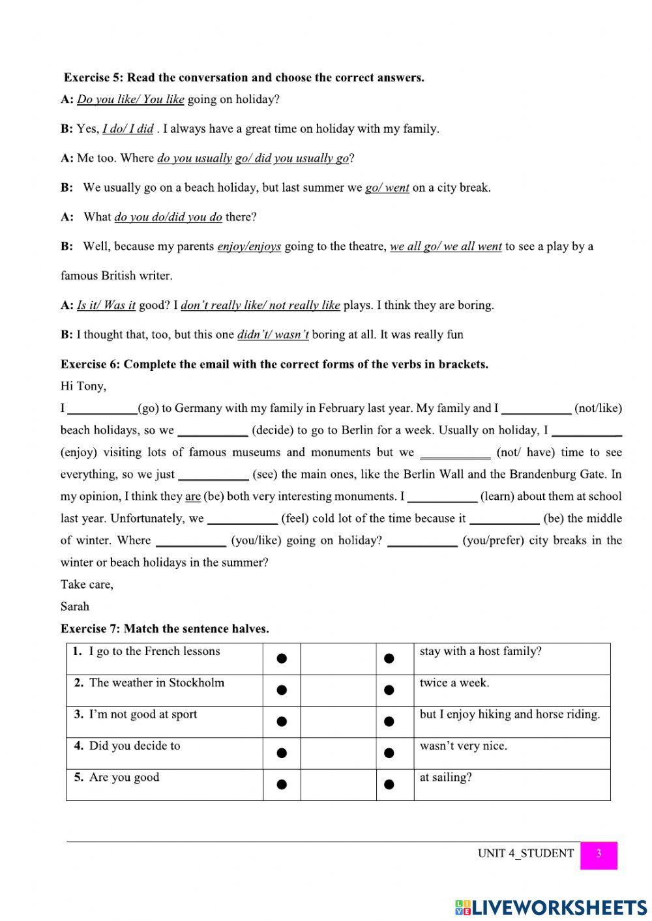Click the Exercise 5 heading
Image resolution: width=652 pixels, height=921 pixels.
point(244,78)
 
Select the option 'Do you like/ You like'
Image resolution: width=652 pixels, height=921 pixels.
point(130,100)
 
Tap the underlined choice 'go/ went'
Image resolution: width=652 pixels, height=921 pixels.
point(387,188)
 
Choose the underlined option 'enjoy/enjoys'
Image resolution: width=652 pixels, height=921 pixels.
point(248,246)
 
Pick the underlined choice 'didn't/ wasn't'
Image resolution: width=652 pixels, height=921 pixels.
point(273,335)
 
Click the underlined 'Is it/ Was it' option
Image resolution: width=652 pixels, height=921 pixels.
point(106,305)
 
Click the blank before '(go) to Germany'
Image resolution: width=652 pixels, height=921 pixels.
point(102,409)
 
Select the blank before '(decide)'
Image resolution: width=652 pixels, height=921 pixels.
point(213,431)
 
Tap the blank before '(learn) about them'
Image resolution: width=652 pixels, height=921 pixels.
point(442,497)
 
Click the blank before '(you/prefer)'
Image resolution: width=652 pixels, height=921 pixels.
point(422,542)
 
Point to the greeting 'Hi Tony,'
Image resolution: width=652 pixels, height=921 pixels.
point(83,386)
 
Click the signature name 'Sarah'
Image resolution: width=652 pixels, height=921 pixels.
point(75,606)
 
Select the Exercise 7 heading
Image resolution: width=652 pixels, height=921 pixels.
point(164,629)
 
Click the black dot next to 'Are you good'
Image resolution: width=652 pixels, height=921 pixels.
point(282,785)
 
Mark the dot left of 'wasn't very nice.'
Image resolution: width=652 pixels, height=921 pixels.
point(389,753)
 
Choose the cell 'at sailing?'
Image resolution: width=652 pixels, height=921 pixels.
point(446,778)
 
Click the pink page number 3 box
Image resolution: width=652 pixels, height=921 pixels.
point(598,855)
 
